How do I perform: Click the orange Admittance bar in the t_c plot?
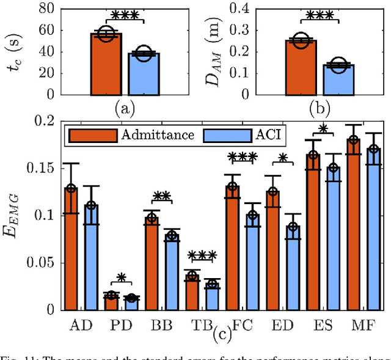[x=106, y=65]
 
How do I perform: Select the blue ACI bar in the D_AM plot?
[x=338, y=80]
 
